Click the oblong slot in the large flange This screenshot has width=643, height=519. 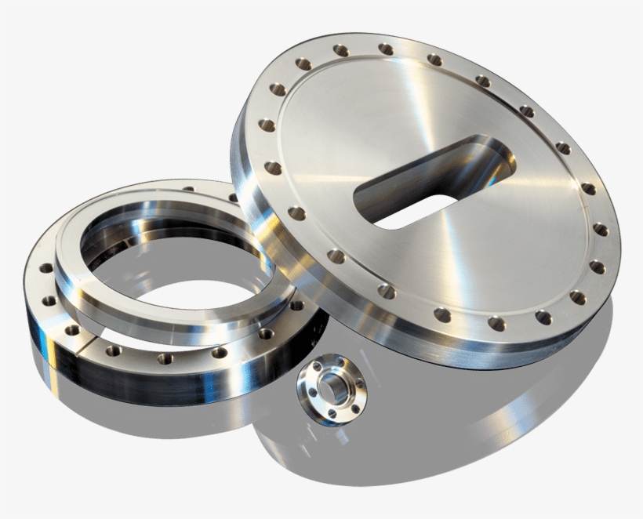coord(427,196)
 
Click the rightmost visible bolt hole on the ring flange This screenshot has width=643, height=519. coord(296,305)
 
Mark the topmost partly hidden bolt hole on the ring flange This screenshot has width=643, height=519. coord(188,189)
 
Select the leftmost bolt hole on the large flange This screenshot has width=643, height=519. coord(267,125)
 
